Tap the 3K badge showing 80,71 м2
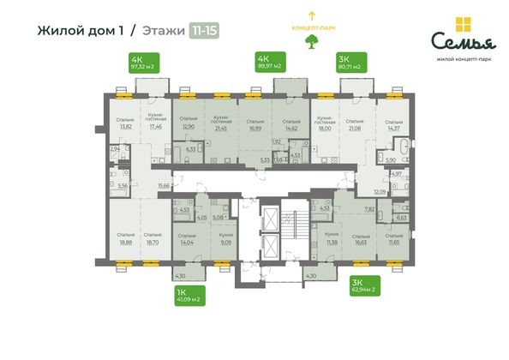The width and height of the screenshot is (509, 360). (x=354, y=62)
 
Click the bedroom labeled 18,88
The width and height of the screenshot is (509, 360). (x=126, y=239)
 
